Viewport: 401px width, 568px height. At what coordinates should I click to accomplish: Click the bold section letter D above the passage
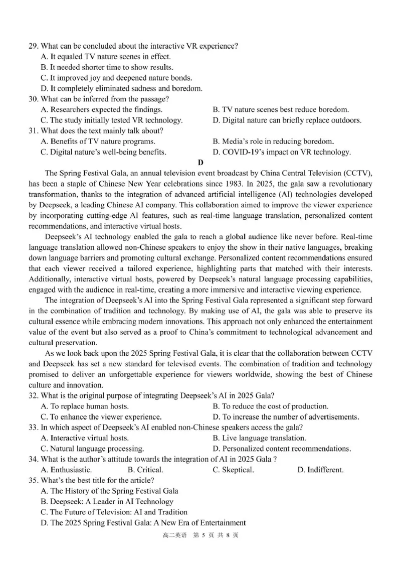201,162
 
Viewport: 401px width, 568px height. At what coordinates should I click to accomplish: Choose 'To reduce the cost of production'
271,406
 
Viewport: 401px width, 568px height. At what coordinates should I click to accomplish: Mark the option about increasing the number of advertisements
286,417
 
